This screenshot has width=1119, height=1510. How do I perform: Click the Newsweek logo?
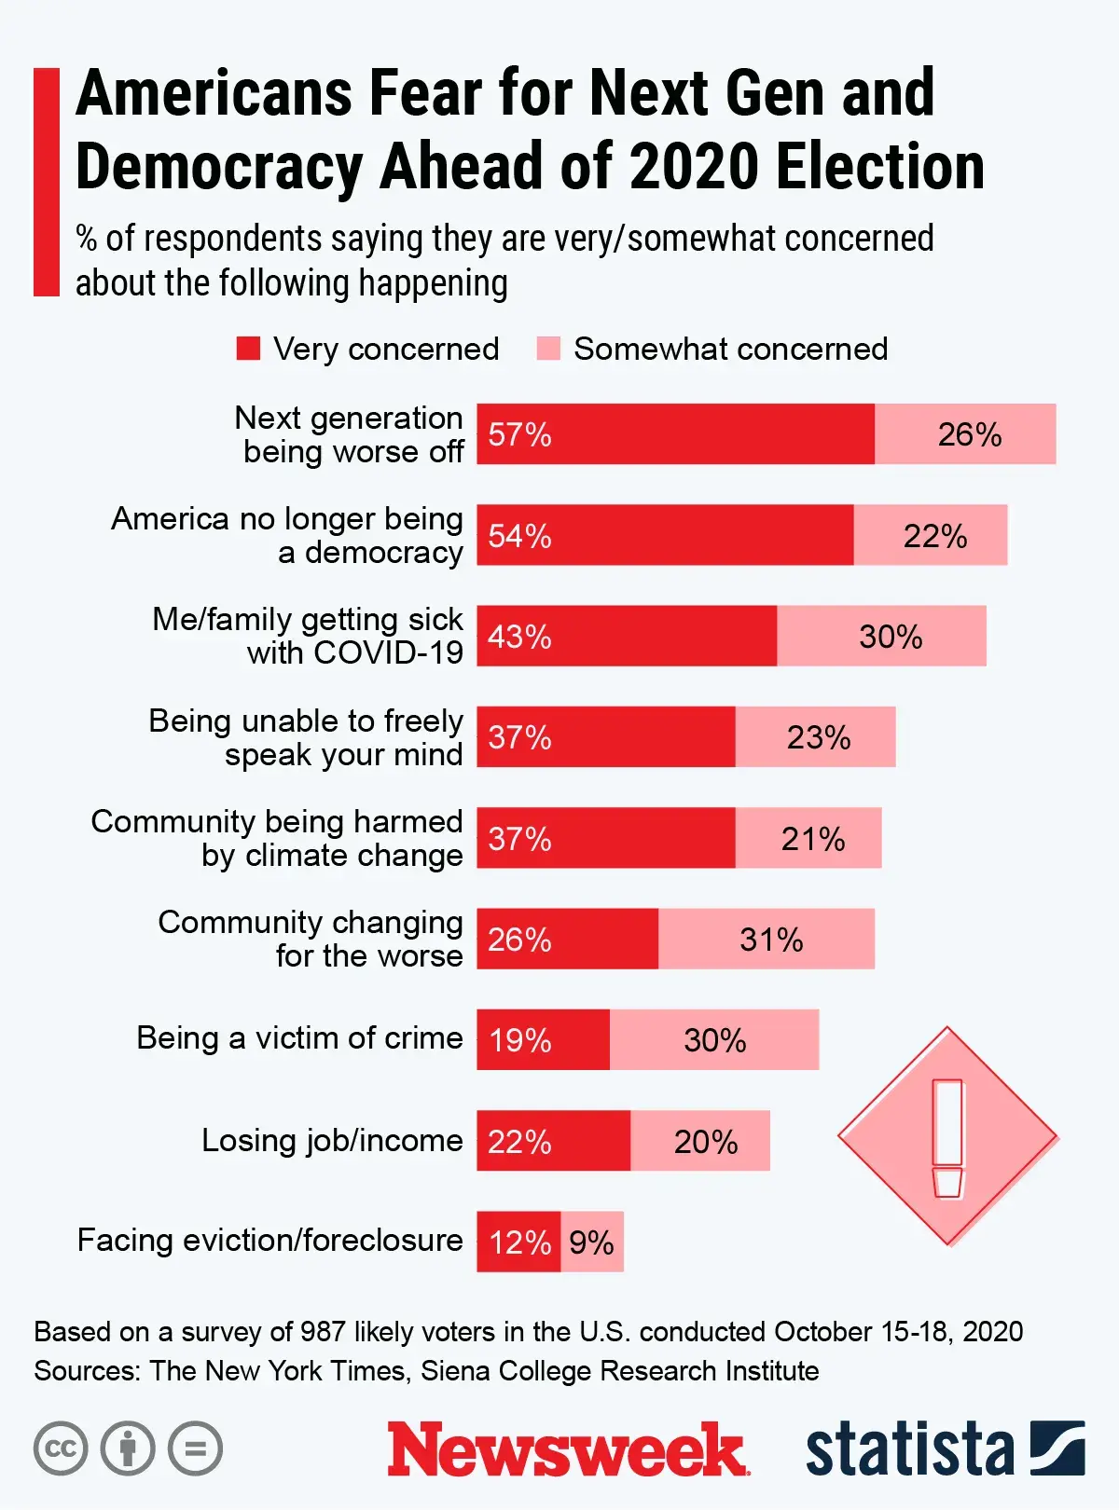pyautogui.click(x=567, y=1448)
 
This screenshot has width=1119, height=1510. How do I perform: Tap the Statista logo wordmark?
pyautogui.click(x=909, y=1448)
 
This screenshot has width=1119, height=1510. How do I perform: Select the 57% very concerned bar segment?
pyautogui.click(x=675, y=434)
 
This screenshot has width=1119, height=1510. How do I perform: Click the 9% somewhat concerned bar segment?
pyautogui.click(x=592, y=1242)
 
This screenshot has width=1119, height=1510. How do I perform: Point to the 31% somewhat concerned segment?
pyautogui.click(x=767, y=939)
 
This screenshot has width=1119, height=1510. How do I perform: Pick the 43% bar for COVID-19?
pyautogui.click(x=627, y=636)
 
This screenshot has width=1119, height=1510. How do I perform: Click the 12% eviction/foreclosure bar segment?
pyautogui.click(x=518, y=1242)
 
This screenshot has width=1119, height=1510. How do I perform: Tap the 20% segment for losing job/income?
pyautogui.click(x=700, y=1141)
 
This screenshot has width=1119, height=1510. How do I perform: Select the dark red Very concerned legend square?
pyautogui.click(x=248, y=349)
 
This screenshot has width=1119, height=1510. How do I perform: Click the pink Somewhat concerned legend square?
pyautogui.click(x=548, y=349)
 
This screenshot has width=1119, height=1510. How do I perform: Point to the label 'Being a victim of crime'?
pyautogui.click(x=299, y=1037)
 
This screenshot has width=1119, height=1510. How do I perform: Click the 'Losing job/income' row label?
pyautogui.click(x=332, y=1140)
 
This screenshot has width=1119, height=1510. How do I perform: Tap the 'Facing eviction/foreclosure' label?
pyautogui.click(x=269, y=1241)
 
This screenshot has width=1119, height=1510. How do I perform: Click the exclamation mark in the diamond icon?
pyautogui.click(x=947, y=1137)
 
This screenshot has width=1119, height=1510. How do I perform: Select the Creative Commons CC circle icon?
pyautogui.click(x=61, y=1448)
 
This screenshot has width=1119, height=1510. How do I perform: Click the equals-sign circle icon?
pyautogui.click(x=196, y=1448)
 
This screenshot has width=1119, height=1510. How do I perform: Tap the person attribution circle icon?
pyautogui.click(x=128, y=1448)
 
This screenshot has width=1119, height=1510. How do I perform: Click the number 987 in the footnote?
pyautogui.click(x=323, y=1331)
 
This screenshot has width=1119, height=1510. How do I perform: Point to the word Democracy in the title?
pyautogui.click(x=220, y=168)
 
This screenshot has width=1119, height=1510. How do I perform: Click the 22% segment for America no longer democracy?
pyautogui.click(x=931, y=535)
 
